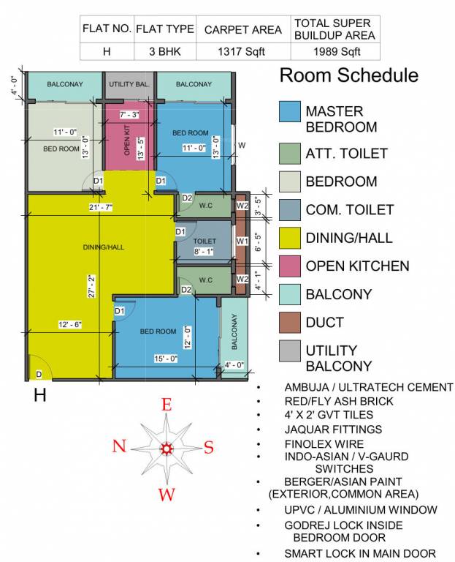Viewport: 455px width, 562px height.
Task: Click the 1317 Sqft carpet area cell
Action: [x=242, y=51]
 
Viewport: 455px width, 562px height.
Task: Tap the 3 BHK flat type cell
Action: [x=165, y=51]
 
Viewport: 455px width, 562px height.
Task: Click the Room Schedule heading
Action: [x=349, y=75]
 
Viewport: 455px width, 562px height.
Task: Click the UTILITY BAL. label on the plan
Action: [x=130, y=84]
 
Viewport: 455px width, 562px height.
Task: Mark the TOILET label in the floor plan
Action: [x=204, y=240]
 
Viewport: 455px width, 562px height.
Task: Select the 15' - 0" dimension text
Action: [x=165, y=358]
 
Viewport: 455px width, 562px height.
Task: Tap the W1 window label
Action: [x=241, y=240]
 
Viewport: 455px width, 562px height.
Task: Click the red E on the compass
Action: [x=167, y=405]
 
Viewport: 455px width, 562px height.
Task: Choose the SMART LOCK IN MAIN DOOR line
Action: [x=360, y=553]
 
